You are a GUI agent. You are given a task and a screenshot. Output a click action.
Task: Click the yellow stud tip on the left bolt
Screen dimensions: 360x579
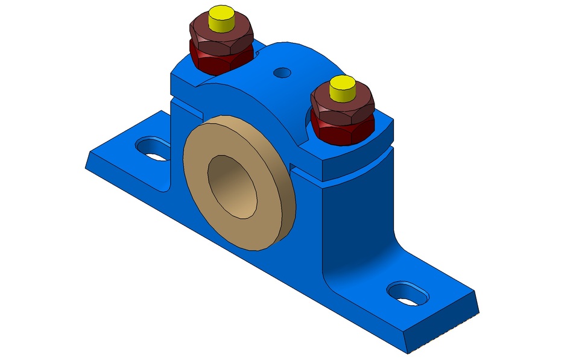pyautogui.click(x=221, y=19)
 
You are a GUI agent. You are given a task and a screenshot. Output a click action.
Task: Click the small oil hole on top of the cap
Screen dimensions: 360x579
pyautogui.click(x=282, y=73)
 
